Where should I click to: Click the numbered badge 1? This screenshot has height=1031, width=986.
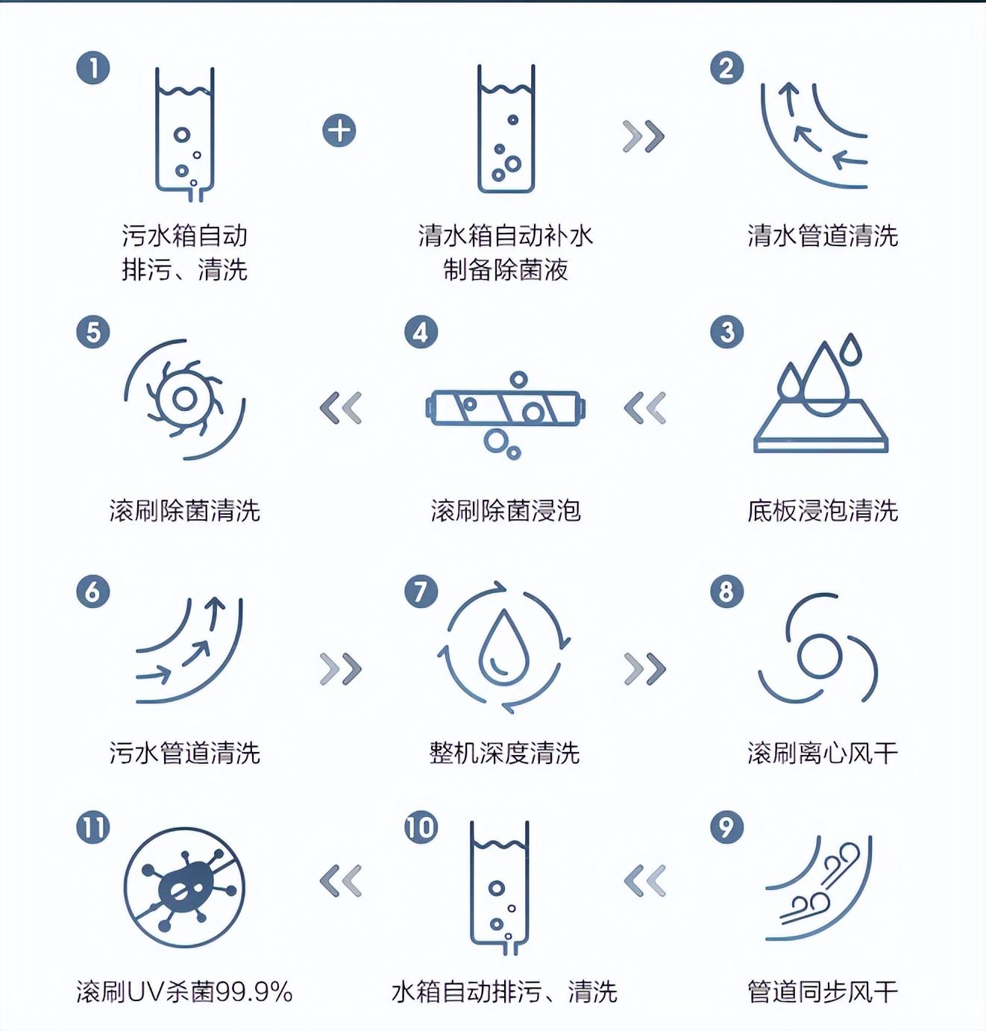pos(93,68)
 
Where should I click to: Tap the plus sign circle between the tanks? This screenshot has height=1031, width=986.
pos(339,131)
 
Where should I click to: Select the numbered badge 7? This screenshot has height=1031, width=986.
pos(421,592)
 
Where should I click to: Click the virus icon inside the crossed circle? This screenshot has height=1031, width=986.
pos(184,886)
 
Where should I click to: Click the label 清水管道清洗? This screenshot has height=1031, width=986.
pos(823,236)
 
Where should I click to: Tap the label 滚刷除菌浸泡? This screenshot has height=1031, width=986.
pos(505,511)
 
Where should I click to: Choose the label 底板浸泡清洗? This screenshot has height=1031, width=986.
pos(823,511)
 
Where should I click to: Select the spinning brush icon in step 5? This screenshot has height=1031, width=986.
pos(184,399)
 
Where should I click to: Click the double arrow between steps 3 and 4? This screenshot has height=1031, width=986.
pos(644,408)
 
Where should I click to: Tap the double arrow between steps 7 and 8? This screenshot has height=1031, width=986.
pos(644,668)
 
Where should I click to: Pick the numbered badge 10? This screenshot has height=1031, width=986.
pos(421,827)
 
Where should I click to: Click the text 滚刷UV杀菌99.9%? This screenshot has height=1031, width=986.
pos(184,991)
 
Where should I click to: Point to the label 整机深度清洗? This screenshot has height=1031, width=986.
pos(505,753)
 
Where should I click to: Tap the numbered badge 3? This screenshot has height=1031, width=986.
pos(727,332)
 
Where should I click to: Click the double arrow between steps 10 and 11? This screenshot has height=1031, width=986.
pos(341,881)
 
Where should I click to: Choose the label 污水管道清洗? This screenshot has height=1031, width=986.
pos(184,753)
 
